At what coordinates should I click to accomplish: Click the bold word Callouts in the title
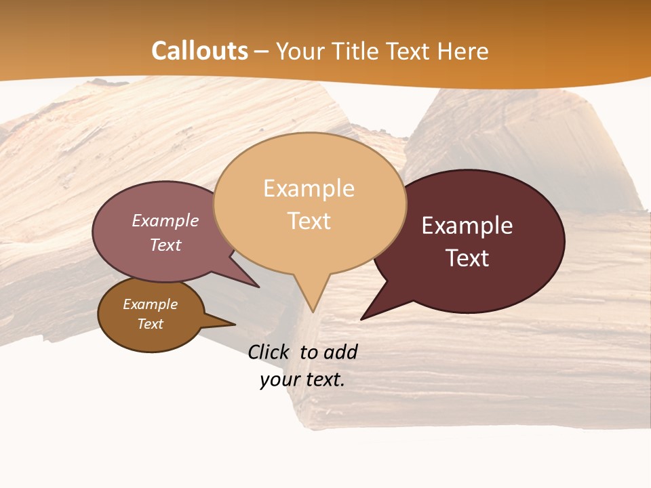pyautogui.click(x=199, y=51)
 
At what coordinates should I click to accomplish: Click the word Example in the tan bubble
pyautogui.click(x=309, y=188)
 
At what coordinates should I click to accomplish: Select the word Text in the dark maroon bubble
pyautogui.click(x=467, y=258)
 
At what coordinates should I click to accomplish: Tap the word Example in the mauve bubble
pyautogui.click(x=165, y=221)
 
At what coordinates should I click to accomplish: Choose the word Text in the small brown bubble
pyautogui.click(x=150, y=324)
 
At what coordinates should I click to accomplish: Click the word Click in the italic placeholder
pyautogui.click(x=271, y=352)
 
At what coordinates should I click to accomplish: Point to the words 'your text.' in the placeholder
pyautogui.click(x=302, y=380)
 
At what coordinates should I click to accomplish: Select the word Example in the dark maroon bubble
pyautogui.click(x=467, y=226)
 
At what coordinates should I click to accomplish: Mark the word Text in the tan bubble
pyautogui.click(x=309, y=221)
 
